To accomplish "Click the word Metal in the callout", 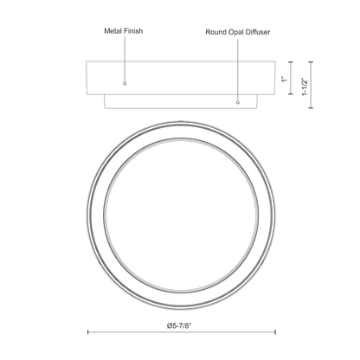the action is coord(113,31).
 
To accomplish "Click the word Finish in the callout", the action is coord(133,31).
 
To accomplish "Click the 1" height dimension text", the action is coord(285,79).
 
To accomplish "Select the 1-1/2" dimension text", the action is coord(305,87).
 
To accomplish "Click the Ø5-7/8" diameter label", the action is coord(179,326).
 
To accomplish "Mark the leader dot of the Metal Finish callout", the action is coord(125,83).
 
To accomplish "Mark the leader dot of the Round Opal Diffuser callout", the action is coord(238,102).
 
